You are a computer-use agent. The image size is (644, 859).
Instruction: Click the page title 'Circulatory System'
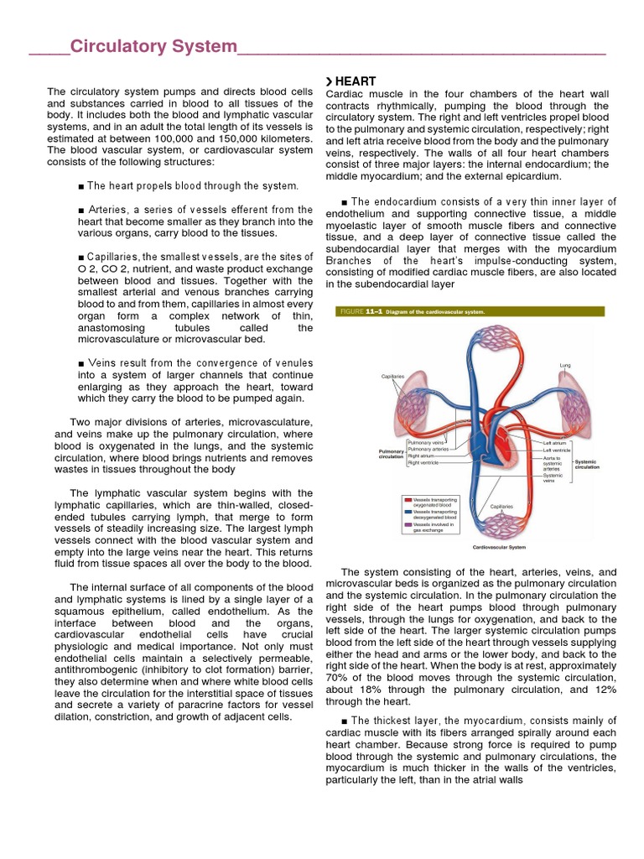[153, 47]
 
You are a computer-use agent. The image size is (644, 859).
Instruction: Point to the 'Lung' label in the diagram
[564, 366]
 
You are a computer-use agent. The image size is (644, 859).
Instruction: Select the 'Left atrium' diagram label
[555, 442]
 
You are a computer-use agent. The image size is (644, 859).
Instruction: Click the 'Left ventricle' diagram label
[557, 450]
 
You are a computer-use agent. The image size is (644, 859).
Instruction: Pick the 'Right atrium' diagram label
[422, 456]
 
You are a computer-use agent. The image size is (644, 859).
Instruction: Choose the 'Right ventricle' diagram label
[424, 462]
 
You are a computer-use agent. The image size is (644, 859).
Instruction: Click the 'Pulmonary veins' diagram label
[426, 442]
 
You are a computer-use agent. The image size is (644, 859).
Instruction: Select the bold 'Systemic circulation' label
[587, 464]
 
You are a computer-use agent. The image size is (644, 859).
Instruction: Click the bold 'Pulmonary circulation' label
[392, 454]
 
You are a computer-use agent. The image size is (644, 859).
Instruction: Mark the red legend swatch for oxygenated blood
[408, 499]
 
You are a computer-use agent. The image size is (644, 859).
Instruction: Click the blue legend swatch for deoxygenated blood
[408, 512]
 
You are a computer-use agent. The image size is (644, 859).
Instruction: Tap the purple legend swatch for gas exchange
[408, 524]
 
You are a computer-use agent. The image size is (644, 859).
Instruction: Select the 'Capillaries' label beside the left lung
[392, 377]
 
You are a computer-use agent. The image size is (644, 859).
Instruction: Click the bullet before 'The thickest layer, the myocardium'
[345, 721]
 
